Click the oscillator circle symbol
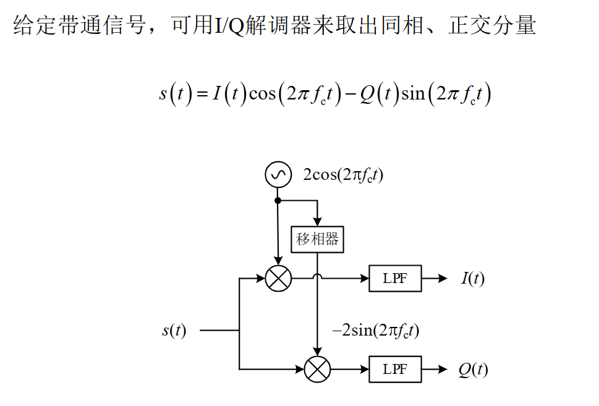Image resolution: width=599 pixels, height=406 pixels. tap(278, 175)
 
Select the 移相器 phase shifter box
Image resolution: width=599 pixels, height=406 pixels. tap(317, 239)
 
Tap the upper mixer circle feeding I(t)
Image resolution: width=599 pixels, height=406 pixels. tap(278, 278)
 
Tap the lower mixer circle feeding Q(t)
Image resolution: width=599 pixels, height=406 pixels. tap(317, 370)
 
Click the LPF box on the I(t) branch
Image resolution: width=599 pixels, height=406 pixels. tap(395, 278)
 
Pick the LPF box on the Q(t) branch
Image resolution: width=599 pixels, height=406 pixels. tap(395, 370)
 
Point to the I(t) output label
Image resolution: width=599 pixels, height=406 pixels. tap(473, 279)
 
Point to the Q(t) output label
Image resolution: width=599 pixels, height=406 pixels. tap(473, 370)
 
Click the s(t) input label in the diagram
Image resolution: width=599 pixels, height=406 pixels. tap(174, 331)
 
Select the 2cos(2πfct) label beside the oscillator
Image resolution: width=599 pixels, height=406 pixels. tap(342, 175)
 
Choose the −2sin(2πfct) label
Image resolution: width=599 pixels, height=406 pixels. tap(375, 331)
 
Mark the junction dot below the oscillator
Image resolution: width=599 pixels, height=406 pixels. tap(278, 201)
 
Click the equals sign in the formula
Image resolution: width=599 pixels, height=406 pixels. tap(200, 94)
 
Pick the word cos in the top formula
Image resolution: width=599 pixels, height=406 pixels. tap(263, 94)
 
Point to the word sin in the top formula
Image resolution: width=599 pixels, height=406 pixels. tap(413, 94)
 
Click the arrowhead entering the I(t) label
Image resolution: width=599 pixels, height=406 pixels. tap(443, 278)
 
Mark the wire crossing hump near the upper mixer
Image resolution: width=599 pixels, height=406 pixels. tap(317, 276)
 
